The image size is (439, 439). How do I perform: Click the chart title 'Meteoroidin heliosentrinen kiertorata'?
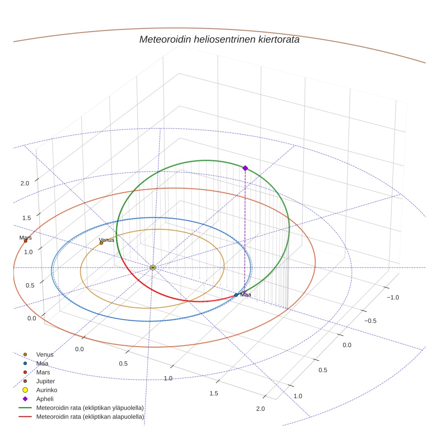219,39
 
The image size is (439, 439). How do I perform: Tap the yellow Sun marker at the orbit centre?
153,267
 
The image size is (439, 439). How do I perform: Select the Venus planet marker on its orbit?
101,243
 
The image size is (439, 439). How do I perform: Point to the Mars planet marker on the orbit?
25,241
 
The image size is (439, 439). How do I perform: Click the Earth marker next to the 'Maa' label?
236,295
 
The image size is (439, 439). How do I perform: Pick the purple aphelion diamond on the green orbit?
245,168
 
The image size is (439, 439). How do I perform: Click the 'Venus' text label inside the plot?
107,240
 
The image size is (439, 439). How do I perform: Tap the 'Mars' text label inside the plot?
25,237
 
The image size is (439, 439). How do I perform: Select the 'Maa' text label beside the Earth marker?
246,294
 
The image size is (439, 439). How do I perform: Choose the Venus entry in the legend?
45,355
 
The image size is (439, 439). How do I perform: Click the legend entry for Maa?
42,364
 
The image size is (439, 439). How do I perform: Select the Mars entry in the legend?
43,372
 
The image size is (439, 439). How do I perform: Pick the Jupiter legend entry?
46,381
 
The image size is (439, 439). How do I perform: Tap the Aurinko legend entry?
47,390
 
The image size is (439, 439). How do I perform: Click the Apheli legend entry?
45,399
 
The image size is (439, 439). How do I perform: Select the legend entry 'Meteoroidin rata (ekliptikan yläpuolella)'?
90,408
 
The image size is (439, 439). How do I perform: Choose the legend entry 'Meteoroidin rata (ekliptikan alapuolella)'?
90,417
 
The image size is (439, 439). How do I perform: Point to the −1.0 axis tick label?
393,298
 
